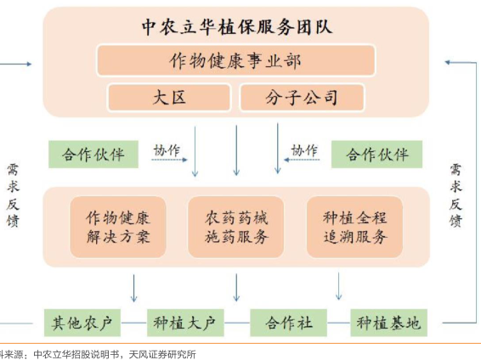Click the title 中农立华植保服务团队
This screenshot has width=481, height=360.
237,27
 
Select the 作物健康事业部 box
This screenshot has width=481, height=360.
236,60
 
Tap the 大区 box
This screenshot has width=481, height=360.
169,98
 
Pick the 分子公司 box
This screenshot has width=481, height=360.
303,98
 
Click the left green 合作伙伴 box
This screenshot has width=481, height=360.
93,155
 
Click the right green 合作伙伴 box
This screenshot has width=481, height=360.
376,155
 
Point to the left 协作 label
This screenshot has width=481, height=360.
167,150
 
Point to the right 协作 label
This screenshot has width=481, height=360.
304,150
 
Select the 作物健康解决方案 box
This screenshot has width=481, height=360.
118,227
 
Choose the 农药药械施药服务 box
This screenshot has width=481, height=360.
235,227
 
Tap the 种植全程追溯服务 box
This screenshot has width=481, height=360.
354,227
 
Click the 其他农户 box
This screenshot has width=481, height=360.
82,323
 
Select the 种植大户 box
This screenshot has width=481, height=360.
185,323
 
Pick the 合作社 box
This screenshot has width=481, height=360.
288,323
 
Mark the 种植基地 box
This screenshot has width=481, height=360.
388,323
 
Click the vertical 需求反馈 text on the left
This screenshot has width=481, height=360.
13,195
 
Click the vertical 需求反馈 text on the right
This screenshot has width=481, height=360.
456,195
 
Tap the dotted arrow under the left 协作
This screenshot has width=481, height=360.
169,160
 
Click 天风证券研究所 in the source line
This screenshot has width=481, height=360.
162,355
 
